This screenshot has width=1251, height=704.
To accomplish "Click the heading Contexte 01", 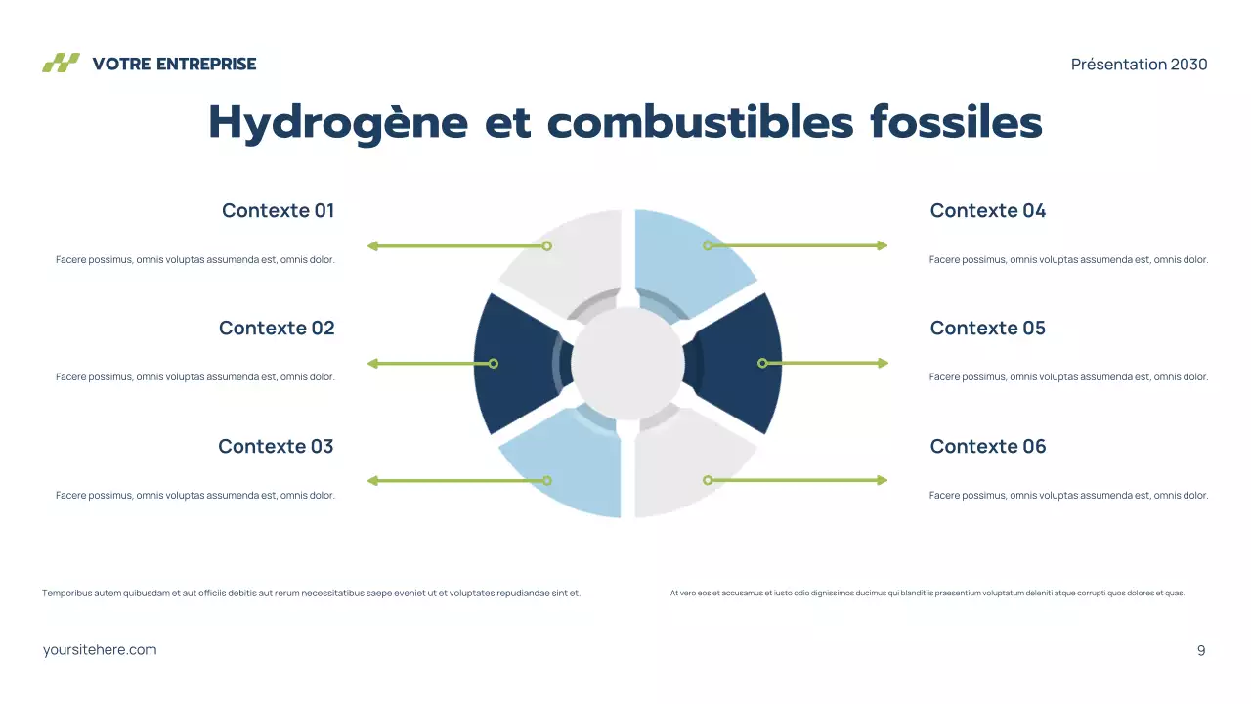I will (x=278, y=210).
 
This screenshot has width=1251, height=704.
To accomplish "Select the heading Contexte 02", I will (x=277, y=328).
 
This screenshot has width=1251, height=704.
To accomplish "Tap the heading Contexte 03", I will (x=276, y=446).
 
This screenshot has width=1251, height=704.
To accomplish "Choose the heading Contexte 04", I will (x=987, y=210).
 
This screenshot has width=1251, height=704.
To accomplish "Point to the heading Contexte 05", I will (x=987, y=328).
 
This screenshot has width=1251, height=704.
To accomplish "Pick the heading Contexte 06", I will (x=987, y=446).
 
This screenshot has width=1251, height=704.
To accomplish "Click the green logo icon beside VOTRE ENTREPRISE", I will (x=61, y=64).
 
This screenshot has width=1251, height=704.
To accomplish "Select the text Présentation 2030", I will (x=1139, y=65).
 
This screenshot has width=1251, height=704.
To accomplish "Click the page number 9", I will (x=1201, y=650).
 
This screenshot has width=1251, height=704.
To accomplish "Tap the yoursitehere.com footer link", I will (x=100, y=650).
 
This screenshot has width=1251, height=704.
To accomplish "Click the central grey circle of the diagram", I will (x=626, y=363).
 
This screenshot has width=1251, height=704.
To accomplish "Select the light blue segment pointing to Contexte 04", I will (x=684, y=259).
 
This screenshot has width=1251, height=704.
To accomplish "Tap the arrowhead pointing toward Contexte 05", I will (x=883, y=363).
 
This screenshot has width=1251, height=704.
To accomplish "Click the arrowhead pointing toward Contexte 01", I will (x=372, y=246).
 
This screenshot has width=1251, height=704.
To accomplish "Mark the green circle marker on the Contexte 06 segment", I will (x=708, y=480).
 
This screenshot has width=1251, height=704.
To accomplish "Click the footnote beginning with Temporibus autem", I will (x=311, y=593).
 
